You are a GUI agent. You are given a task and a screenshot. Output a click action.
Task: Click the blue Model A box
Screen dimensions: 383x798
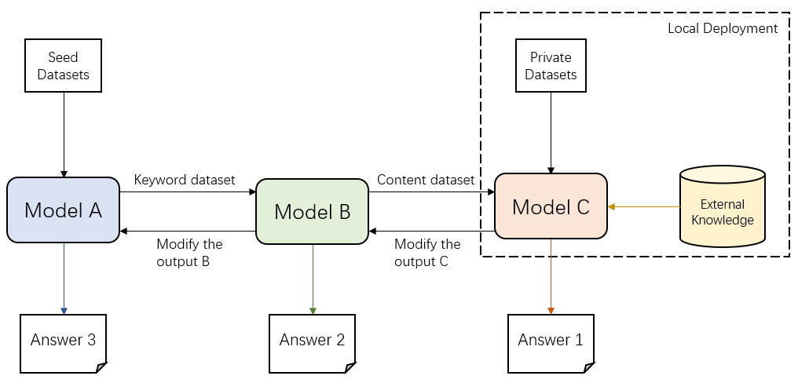click(63, 210)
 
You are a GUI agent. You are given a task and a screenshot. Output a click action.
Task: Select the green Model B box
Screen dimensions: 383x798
click(312, 211)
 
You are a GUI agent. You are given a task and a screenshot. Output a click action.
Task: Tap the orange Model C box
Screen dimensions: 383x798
click(551, 206)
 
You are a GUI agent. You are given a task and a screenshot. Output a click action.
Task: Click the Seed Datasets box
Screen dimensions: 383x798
click(63, 67)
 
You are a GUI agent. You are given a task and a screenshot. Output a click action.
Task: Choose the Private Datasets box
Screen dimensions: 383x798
click(551, 67)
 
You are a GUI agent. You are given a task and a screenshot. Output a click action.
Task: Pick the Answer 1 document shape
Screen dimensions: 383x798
click(551, 341)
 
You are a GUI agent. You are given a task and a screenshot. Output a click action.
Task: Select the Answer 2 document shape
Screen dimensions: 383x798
click(312, 341)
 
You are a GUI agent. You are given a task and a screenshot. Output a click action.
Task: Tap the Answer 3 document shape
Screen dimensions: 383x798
click(63, 341)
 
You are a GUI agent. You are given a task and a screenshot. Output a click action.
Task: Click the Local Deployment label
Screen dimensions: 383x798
click(722, 28)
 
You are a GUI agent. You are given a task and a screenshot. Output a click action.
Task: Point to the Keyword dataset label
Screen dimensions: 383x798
click(185, 180)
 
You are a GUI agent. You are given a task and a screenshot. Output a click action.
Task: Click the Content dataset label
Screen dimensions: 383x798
click(426, 180)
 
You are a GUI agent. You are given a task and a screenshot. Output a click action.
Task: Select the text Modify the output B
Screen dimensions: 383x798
click(189, 253)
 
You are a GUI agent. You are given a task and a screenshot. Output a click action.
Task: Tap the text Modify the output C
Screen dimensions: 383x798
click(427, 253)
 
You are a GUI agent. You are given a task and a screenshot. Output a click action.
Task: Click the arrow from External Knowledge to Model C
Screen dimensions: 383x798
click(644, 207)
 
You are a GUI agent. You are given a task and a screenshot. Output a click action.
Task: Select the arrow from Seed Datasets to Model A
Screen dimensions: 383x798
click(63, 133)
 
